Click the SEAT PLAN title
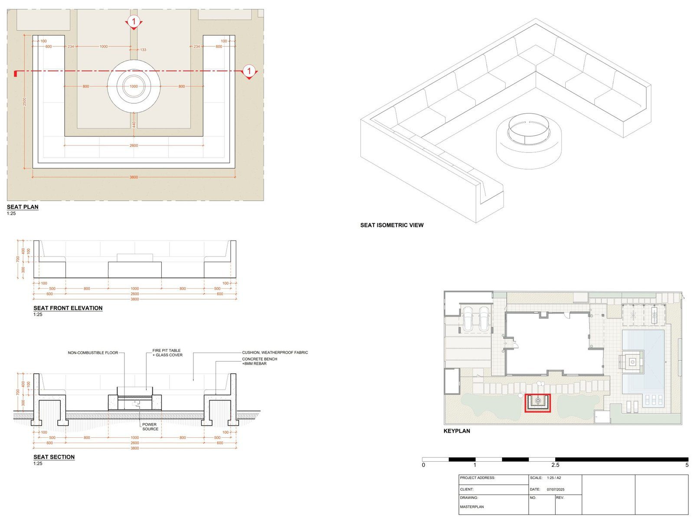pos(23,207)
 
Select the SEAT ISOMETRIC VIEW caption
pos(392,225)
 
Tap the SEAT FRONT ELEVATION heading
pos(68,308)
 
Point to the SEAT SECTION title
pos(54,457)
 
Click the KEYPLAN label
pos(456,431)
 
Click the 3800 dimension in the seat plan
pos(134,177)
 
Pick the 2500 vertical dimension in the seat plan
pos(25,101)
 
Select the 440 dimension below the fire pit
pos(134,124)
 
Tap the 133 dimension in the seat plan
pos(143,50)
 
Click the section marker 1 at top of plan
pos(134,21)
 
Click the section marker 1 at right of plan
pos(249,71)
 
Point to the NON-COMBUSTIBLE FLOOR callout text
pos(93,353)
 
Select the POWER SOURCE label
pos(150,427)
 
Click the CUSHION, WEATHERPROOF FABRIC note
pos(275,352)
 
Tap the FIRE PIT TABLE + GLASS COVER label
pos(167,352)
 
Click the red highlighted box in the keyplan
pos(538,403)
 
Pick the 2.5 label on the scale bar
pos(555,465)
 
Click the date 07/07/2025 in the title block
pos(555,489)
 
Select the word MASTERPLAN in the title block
pos(472,507)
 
